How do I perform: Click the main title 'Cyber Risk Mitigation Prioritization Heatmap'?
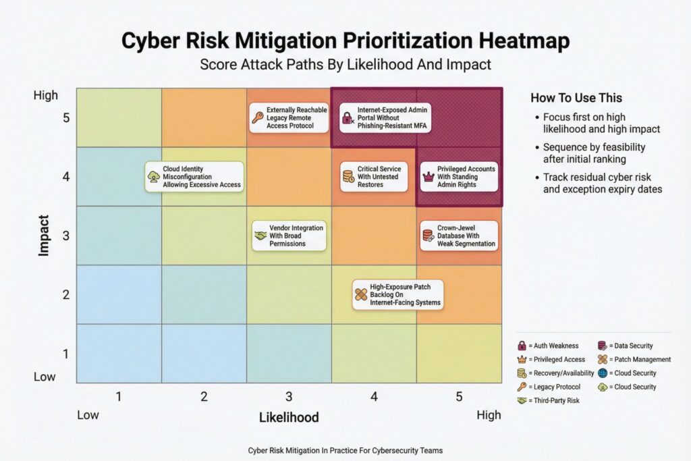[345, 41]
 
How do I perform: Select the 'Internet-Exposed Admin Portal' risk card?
[383, 117]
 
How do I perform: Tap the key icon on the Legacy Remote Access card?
[258, 118]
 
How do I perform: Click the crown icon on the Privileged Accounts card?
[427, 176]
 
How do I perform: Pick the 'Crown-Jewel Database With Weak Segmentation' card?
[458, 235]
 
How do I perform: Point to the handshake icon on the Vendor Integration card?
[260, 236]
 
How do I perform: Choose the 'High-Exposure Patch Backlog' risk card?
[398, 295]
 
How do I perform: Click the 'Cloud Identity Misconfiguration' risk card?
[194, 176]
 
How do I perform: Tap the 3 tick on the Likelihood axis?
[289, 397]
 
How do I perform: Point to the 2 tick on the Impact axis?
[65, 295]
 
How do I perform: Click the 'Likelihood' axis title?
[289, 417]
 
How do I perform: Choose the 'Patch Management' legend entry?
[634, 359]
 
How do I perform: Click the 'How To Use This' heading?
[576, 98]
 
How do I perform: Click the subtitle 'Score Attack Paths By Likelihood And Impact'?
[345, 65]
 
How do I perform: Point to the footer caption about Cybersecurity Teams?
[345, 450]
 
